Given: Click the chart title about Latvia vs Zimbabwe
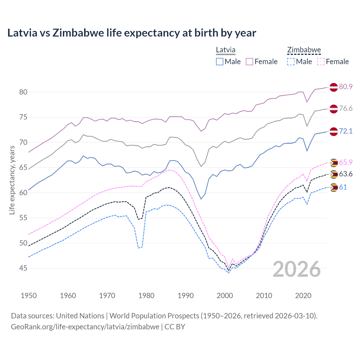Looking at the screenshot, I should (132, 33).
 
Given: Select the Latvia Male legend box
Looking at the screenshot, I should (220, 62).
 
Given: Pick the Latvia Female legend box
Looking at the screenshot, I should (249, 62).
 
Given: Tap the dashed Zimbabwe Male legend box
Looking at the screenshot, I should (291, 62).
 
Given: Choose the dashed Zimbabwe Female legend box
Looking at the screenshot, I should (321, 62).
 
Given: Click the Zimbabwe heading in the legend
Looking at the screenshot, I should (304, 50).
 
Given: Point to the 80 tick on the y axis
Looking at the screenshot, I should (23, 92).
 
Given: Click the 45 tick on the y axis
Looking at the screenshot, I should (23, 268).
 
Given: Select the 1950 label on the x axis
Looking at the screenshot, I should (29, 296).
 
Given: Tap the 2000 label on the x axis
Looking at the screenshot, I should (225, 296).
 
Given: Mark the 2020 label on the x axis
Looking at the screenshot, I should (303, 296).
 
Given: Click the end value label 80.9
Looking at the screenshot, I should (346, 87).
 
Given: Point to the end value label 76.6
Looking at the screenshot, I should (346, 109).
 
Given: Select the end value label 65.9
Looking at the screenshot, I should (346, 162).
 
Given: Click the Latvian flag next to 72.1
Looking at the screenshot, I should (334, 131).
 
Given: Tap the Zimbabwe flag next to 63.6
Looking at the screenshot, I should (334, 174).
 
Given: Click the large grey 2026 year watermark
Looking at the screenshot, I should (296, 269).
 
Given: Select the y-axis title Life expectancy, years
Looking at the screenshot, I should (12, 180).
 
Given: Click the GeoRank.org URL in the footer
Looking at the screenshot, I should (85, 327).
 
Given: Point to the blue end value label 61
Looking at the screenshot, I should (343, 187).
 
